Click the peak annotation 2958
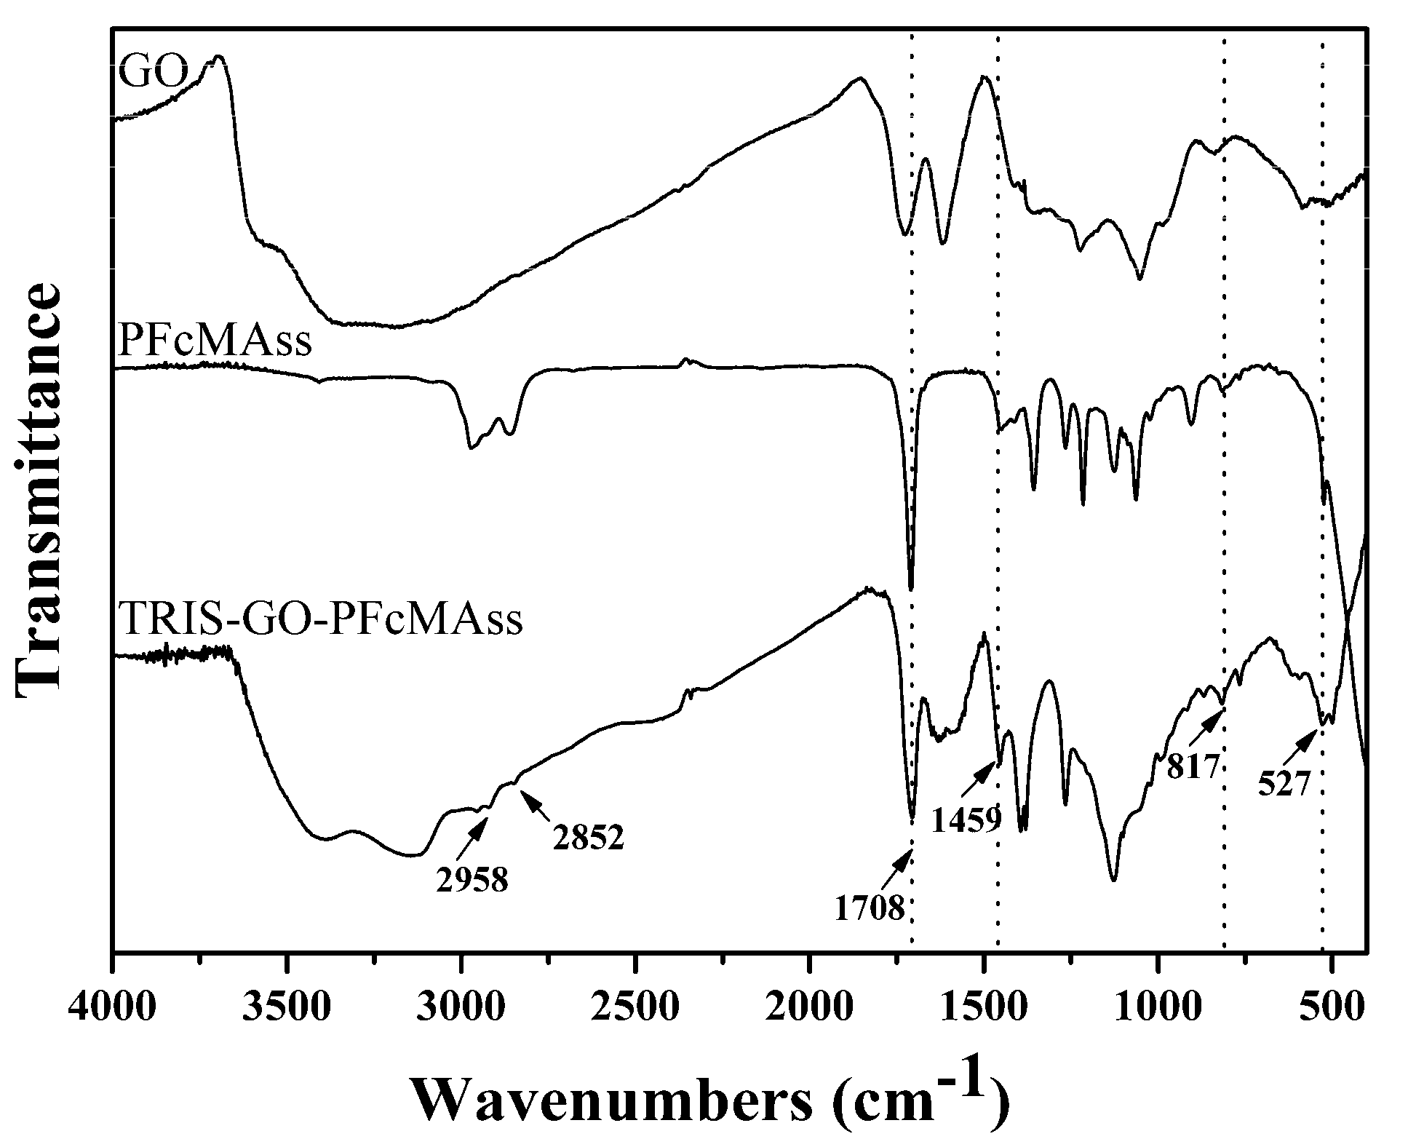tap(472, 881)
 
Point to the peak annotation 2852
tap(588, 839)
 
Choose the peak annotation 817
tap(1193, 767)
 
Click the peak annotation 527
tap(1285, 785)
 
